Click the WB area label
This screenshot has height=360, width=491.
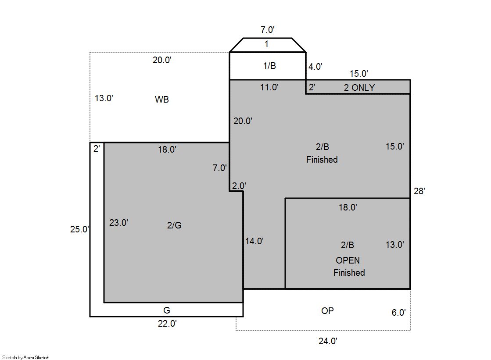coord(161,99)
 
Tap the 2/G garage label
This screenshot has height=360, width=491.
coord(174,225)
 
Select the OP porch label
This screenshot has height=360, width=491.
coord(327,311)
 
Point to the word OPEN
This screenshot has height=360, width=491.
coord(348,260)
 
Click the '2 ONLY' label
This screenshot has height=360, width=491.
coord(359,88)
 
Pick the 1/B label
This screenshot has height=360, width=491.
coord(269,66)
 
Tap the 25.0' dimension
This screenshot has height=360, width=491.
coord(79,229)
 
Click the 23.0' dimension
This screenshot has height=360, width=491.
coord(118,223)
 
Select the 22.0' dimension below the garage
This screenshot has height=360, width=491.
coord(167,323)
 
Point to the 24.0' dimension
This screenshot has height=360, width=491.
coord(327,341)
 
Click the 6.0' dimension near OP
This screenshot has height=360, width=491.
coord(398,312)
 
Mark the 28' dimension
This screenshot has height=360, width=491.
coord(419,191)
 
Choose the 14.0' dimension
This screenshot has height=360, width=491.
coord(254,241)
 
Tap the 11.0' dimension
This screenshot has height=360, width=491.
coord(269,87)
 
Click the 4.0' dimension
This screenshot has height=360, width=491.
coord(315,66)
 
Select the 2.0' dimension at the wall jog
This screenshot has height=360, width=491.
coord(239,185)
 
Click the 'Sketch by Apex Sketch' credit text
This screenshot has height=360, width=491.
coord(26,357)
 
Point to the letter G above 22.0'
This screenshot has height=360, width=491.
coord(167,310)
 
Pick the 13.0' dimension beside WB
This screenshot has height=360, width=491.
coord(104,98)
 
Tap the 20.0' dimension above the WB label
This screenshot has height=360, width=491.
coord(162,60)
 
